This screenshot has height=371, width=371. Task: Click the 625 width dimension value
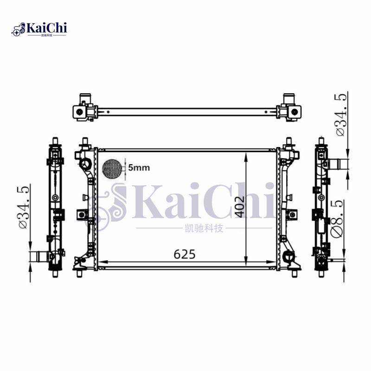(x=185, y=254)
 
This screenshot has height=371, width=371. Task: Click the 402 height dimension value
(x=239, y=206)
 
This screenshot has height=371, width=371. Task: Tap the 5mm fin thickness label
(x=139, y=168)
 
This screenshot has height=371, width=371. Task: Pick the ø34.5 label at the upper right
(x=341, y=115)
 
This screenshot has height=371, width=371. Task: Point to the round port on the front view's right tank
(x=289, y=256)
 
